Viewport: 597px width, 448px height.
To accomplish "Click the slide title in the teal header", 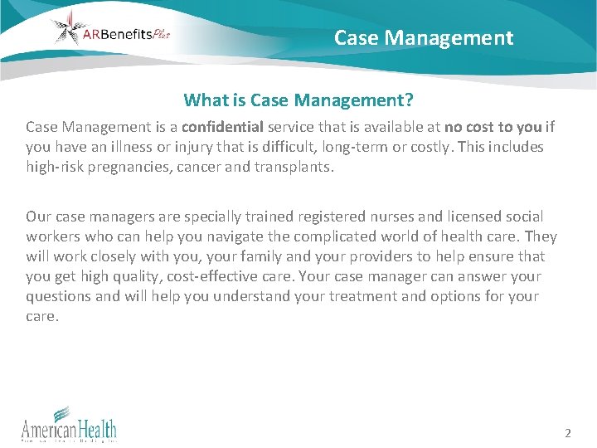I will point(424,38).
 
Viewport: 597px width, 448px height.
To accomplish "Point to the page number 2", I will point(568,433).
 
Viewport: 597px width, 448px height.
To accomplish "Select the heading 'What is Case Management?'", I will point(298,100).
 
